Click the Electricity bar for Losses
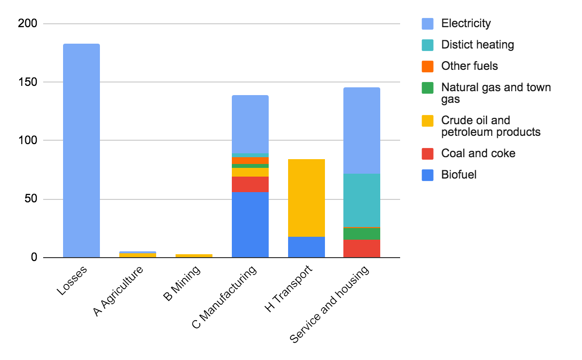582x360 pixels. tap(81, 150)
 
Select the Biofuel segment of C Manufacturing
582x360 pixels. tap(250, 225)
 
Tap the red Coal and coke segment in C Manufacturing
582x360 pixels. tap(250, 184)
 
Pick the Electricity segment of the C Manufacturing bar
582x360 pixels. tap(250, 124)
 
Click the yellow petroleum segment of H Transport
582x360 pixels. tap(307, 198)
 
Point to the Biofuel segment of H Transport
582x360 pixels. tap(307, 247)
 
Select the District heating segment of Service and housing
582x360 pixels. tap(362, 200)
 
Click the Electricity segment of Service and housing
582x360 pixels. tap(362, 131)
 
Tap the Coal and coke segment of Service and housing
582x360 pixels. tap(362, 248)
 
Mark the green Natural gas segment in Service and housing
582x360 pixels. tap(362, 233)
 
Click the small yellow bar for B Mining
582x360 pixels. tap(194, 256)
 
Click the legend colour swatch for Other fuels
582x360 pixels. tap(428, 66)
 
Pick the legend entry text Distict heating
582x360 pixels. tap(477, 45)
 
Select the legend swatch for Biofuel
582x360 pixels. tap(428, 175)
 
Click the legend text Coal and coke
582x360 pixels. tap(478, 154)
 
